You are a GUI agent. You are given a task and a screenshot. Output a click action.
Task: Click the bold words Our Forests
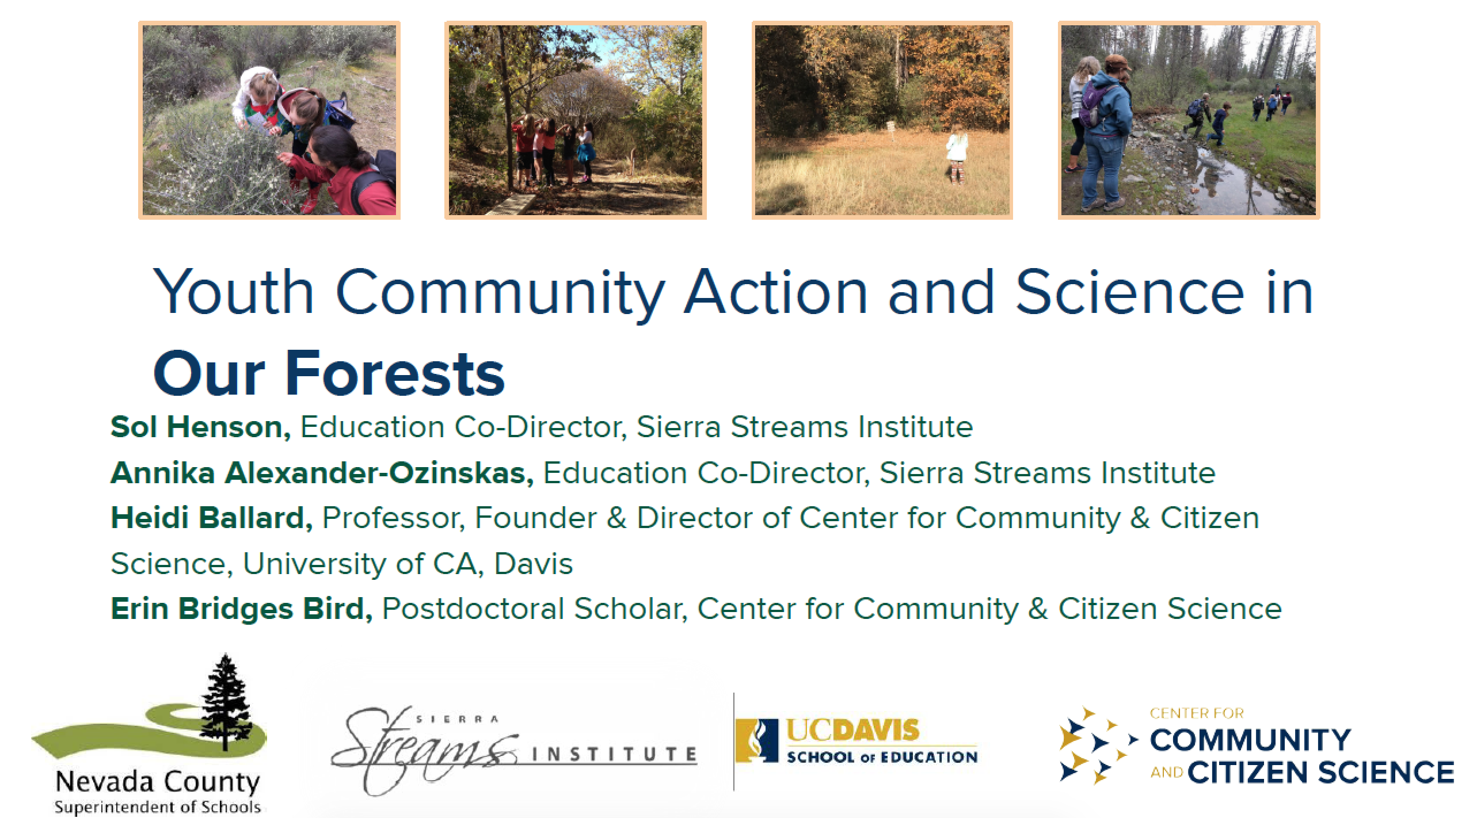point(329,373)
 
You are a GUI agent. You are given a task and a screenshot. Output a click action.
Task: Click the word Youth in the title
point(233,292)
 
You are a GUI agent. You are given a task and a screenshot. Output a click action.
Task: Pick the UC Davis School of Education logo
point(856,741)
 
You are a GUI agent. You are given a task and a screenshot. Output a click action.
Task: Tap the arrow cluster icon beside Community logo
point(1094,746)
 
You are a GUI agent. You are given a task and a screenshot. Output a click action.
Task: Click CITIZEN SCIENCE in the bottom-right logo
point(1321,773)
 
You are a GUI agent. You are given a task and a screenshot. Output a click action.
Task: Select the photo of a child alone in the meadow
point(882,120)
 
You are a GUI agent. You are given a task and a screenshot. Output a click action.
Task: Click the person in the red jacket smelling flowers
point(342,173)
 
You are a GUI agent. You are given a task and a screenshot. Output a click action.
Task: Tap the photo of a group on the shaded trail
point(576,120)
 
